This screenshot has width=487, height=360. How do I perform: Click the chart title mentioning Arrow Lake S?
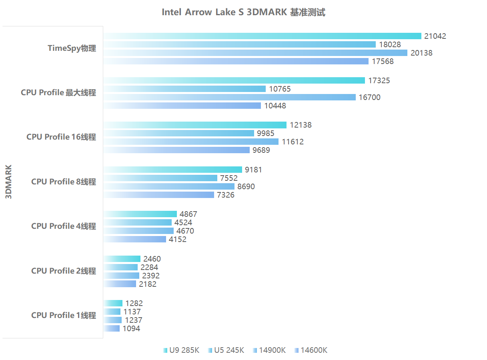243,12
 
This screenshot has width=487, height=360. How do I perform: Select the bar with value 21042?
263,36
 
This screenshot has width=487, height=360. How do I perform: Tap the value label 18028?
390,45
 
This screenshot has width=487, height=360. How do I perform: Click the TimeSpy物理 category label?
72,48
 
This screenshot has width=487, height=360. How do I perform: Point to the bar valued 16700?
230,97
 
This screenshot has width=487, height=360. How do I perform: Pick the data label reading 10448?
275,106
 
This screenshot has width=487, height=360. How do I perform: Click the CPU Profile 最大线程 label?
58,93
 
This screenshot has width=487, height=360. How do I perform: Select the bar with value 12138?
195,125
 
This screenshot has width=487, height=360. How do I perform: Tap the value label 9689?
261,150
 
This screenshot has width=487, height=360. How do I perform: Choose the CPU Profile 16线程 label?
61,137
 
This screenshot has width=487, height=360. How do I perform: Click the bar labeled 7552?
160,178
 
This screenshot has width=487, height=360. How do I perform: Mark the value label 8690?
246,187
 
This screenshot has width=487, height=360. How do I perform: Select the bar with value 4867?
140,214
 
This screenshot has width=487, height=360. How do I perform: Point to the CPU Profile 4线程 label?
64,226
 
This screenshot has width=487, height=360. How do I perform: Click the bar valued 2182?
120,284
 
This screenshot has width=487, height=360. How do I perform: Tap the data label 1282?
134,304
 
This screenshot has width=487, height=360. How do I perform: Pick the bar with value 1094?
112,328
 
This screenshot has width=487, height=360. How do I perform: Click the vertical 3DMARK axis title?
9,182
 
